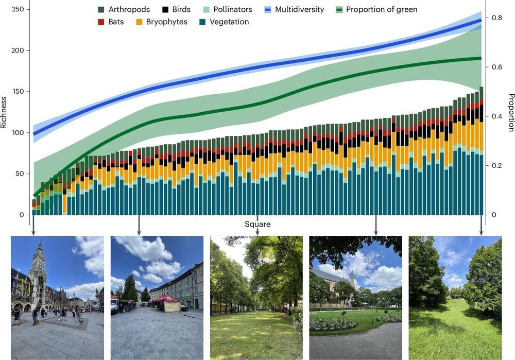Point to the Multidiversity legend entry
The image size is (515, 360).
294,10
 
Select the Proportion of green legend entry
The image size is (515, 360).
376,10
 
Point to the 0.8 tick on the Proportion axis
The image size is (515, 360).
496,18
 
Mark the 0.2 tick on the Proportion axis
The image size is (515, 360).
496,166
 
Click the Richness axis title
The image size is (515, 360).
5,112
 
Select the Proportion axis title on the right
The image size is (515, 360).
511,112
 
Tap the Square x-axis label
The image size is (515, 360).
257,224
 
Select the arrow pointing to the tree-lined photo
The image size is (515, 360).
257,230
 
